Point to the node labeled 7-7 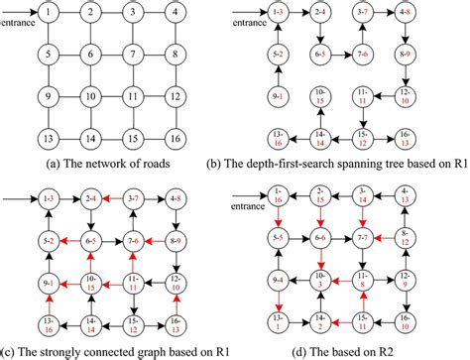(x=364, y=240)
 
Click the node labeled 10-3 (x=320, y=282)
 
